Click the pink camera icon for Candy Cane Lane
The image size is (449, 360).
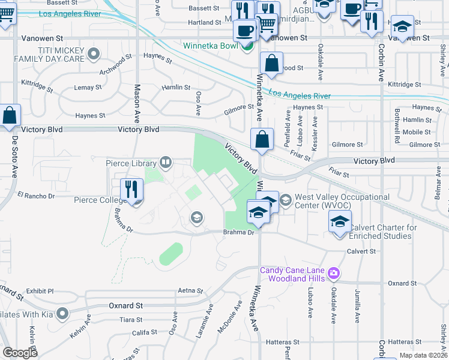(334, 274)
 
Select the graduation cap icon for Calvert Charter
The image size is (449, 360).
(340, 223)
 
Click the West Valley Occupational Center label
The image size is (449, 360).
(342, 202)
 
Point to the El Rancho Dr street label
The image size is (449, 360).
(36, 196)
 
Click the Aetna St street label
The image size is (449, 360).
(191, 290)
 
